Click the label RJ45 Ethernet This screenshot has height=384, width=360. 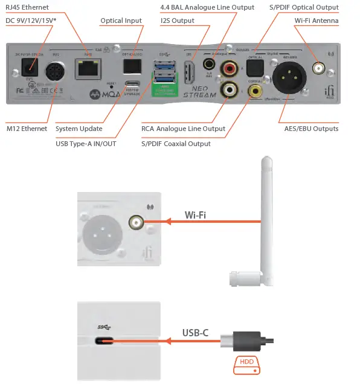pos(27,8)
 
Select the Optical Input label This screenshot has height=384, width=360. pos(121,21)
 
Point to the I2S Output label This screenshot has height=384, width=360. pos(178,21)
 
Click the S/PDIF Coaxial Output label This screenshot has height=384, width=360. pos(176,144)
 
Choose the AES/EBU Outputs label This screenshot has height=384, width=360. pos(311,129)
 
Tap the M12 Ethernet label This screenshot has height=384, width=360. pos(27,129)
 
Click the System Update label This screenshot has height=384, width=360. pos(79,129)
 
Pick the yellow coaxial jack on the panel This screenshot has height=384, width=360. pos(257,91)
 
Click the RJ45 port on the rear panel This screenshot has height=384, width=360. pos(85,72)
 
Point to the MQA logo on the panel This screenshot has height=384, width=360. pos(103,95)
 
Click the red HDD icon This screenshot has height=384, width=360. pos(247,363)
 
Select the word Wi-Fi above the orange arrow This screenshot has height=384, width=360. pos(196,214)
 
